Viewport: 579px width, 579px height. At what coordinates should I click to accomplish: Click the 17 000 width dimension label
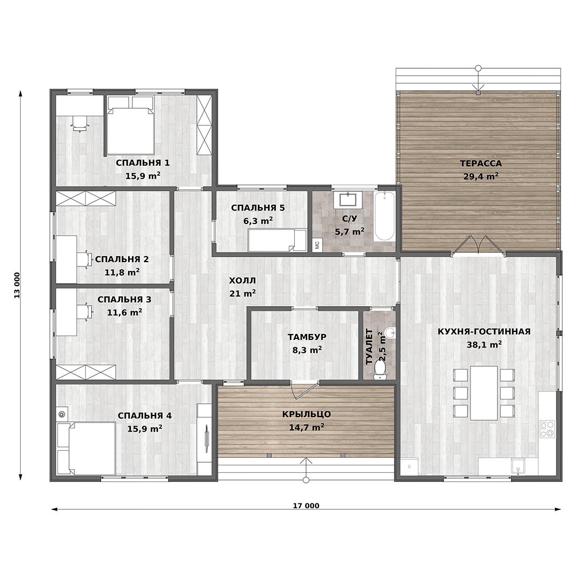[x=306, y=506]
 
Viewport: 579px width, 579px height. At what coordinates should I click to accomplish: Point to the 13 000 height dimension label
[x=17, y=285]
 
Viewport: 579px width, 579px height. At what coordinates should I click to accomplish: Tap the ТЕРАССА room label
[x=481, y=163]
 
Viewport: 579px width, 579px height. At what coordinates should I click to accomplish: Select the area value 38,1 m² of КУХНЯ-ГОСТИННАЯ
[x=484, y=345]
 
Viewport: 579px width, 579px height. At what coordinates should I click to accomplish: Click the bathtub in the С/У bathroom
[x=384, y=217]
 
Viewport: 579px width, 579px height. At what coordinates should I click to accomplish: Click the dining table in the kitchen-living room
[x=484, y=392]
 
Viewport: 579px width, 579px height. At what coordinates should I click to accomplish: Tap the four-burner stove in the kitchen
[x=547, y=429]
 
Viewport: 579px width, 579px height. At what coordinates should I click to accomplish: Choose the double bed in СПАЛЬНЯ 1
[x=130, y=125]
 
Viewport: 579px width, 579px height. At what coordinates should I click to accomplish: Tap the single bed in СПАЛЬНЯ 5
[x=278, y=240]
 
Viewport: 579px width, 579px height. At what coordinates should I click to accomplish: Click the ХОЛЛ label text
[x=242, y=280]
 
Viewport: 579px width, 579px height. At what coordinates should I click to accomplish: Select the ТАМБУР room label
[x=307, y=337]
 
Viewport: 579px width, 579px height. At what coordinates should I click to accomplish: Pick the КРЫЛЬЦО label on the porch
[x=307, y=414]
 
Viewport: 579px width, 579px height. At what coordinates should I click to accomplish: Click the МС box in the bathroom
[x=317, y=244]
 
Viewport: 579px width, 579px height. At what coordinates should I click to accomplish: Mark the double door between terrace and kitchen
[x=479, y=245]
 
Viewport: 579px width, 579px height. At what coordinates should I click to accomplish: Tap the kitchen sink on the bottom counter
[x=518, y=466]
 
